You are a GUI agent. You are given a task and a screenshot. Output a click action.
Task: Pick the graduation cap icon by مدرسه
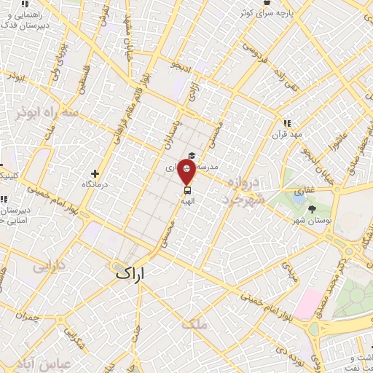pos(192,155)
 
